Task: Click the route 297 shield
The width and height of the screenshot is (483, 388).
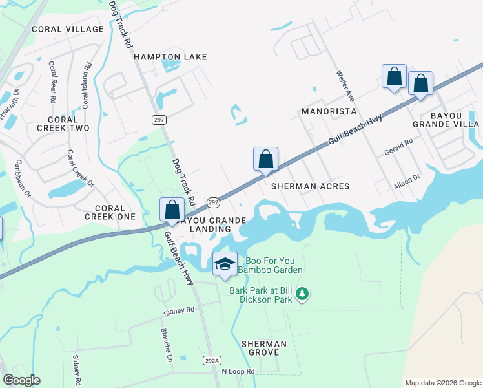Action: [159, 120]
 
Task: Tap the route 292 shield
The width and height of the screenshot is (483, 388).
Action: [213, 202]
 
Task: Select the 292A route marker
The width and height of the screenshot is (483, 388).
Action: [212, 360]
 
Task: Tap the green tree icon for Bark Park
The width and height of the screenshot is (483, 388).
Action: [302, 295]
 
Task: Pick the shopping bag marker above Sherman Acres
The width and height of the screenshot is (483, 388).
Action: [266, 159]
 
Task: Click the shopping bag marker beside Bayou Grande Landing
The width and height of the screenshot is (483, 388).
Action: [172, 210]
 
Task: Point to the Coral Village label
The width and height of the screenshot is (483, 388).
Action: [68, 29]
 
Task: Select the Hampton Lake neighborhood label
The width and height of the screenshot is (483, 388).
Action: [170, 57]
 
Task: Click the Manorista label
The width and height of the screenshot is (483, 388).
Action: [329, 111]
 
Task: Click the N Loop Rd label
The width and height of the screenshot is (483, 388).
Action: [238, 372]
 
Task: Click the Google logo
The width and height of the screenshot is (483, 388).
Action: [21, 380]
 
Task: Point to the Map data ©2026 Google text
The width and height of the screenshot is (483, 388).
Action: [442, 383]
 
